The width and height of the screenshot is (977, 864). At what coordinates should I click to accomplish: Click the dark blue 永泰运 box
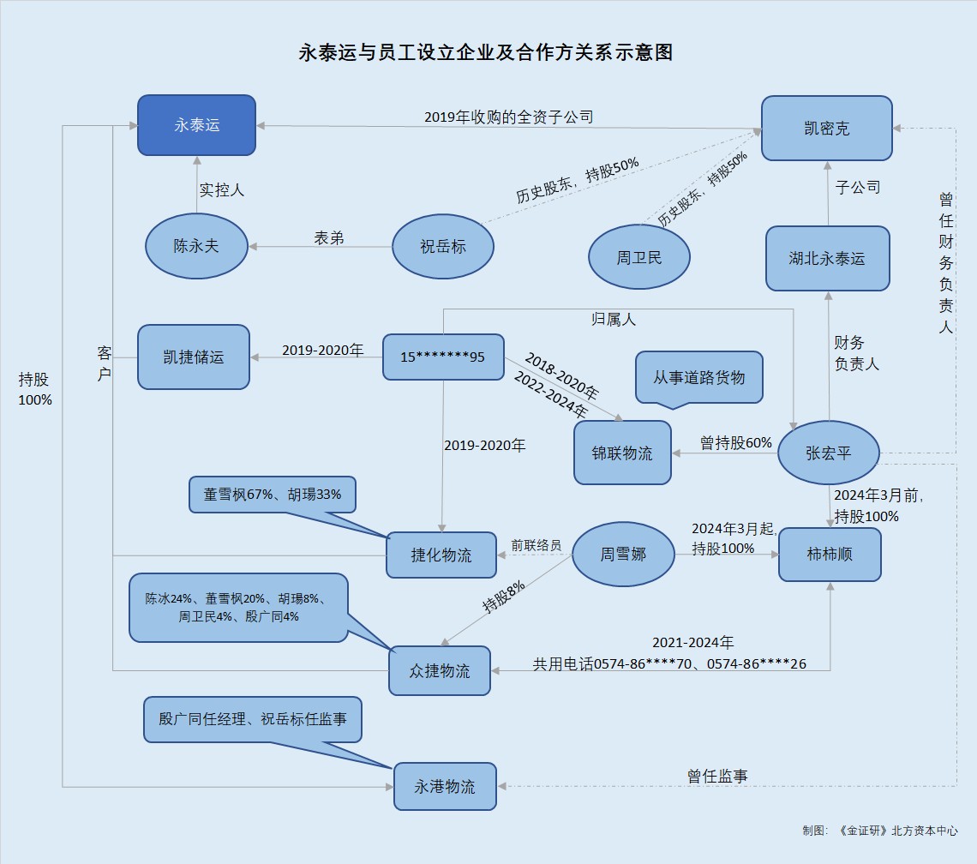(197, 125)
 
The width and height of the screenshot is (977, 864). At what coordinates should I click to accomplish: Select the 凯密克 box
(827, 129)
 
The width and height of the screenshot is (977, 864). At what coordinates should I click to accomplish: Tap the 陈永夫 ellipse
(196, 246)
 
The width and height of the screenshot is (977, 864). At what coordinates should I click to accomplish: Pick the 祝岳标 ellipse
(443, 247)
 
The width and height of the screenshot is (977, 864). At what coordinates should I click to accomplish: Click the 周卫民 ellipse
(639, 257)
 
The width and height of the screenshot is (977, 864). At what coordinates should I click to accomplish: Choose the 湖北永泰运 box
(827, 258)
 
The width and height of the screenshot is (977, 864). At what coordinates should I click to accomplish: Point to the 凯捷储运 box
(194, 357)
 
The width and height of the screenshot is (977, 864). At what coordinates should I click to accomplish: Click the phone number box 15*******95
(442, 357)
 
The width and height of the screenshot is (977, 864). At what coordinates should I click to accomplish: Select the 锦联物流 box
(622, 453)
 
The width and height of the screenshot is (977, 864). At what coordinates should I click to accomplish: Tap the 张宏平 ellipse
(829, 453)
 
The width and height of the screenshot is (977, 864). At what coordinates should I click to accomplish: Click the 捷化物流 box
(441, 555)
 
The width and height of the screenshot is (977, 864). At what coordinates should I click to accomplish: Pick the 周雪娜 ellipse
(623, 555)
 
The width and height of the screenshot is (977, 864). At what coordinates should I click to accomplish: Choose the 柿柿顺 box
(830, 555)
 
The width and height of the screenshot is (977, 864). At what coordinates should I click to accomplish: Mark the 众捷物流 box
(440, 670)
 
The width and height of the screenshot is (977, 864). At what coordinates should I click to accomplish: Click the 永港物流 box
(445, 786)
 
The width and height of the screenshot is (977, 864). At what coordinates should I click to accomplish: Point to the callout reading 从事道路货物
(698, 377)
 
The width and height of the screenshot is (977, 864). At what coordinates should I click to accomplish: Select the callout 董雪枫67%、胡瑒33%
(273, 495)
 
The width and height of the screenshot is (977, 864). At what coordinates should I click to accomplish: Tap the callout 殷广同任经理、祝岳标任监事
(252, 719)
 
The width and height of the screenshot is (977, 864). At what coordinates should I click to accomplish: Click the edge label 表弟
(329, 238)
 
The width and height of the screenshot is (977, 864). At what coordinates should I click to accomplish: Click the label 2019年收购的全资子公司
(509, 117)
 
